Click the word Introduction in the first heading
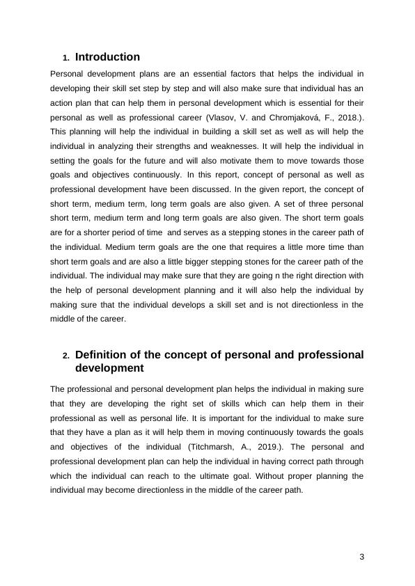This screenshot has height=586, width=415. tap(107, 57)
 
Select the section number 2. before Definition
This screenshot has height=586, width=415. tap(66, 356)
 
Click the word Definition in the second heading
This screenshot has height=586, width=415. tap(102, 355)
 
